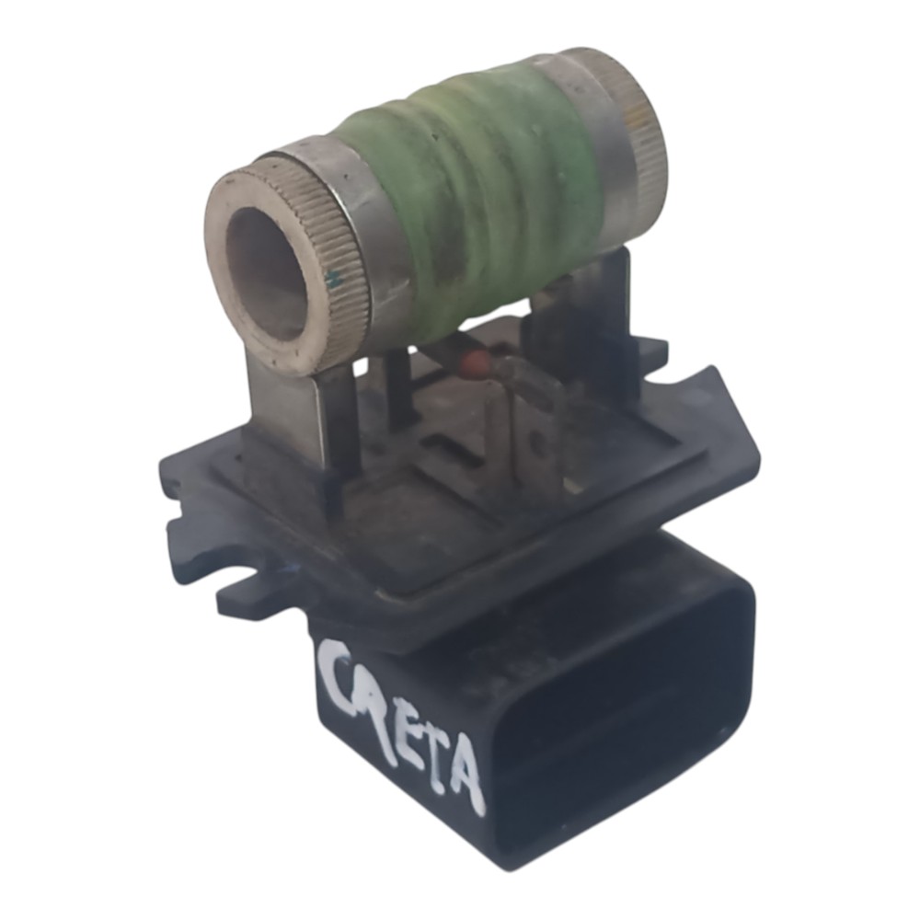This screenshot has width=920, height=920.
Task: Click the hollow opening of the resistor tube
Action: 267,270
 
